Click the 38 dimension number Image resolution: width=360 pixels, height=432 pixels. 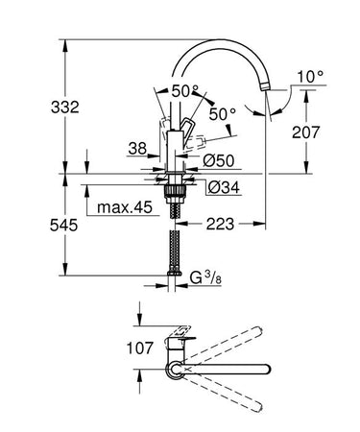138,148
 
